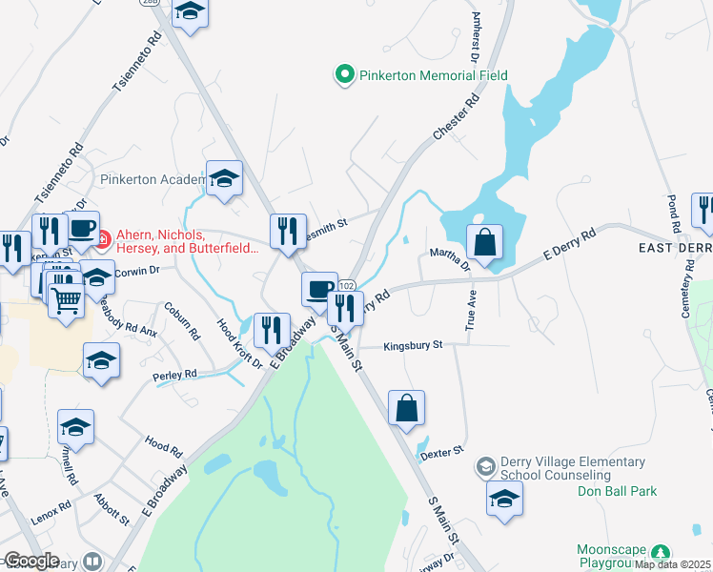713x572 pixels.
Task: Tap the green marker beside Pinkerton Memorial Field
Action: coord(343,73)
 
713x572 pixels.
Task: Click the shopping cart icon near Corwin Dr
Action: coord(66,301)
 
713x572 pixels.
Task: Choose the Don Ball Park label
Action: coord(618,492)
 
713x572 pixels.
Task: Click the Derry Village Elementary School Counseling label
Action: coord(559,468)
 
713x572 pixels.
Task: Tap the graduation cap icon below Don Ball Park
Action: coord(505,498)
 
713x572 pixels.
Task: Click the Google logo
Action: coord(31,561)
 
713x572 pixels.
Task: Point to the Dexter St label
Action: coord(441,449)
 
